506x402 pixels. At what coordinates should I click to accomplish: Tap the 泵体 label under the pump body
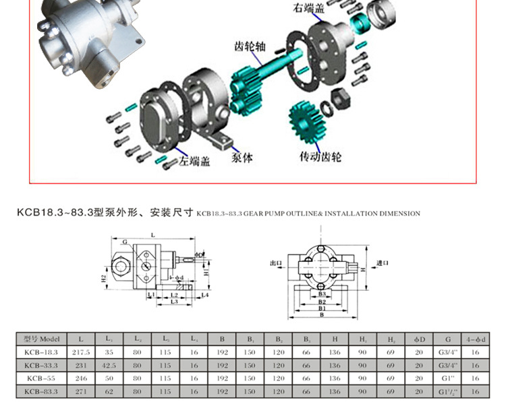tap(242, 158)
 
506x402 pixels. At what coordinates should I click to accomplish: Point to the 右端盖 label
tap(308, 8)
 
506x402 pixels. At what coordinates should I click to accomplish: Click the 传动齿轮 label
tap(320, 156)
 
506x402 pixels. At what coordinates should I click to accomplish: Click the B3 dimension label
tap(322, 294)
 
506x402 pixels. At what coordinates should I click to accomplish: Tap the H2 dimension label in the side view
tap(103, 277)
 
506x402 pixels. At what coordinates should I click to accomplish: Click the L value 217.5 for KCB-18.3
tap(81, 352)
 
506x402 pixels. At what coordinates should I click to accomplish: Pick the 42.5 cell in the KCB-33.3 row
tap(109, 365)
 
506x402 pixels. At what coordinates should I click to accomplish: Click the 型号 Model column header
tap(41, 339)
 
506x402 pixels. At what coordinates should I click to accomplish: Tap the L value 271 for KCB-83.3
tap(81, 391)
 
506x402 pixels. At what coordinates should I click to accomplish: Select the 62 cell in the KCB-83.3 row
tap(109, 391)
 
